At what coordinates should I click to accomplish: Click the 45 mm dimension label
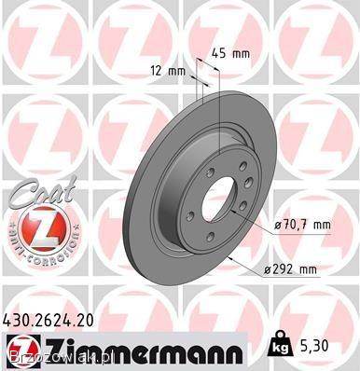(230, 53)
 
